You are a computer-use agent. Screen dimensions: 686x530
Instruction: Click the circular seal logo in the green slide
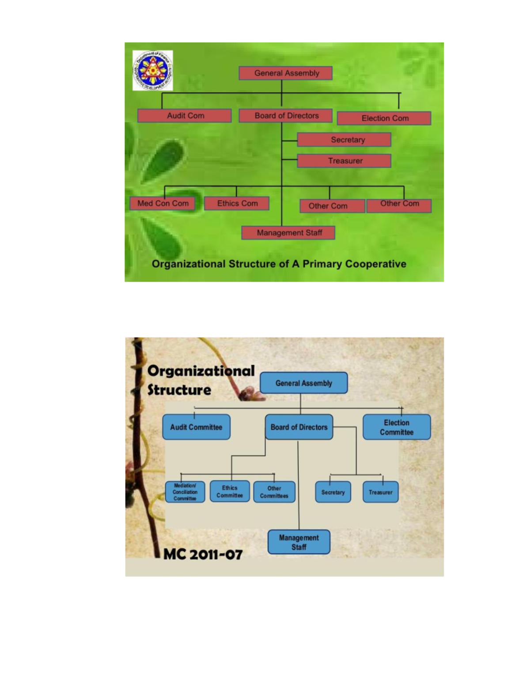click(x=153, y=71)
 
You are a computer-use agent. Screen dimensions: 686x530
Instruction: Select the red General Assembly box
click(x=286, y=73)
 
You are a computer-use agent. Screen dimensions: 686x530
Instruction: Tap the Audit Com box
click(x=185, y=116)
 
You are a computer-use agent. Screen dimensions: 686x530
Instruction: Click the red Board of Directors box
click(x=286, y=116)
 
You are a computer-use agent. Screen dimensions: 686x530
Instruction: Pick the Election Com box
click(x=384, y=118)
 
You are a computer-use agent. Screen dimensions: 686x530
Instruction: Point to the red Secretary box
click(x=344, y=140)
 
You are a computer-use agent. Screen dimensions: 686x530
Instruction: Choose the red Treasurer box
click(x=344, y=161)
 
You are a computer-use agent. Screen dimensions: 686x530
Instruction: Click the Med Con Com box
click(x=163, y=204)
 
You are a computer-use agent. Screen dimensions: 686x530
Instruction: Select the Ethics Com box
click(x=237, y=204)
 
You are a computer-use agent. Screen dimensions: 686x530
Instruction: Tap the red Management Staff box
click(x=288, y=233)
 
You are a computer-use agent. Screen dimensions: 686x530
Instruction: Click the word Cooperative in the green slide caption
click(x=376, y=264)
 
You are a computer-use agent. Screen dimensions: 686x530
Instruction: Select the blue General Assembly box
click(x=303, y=383)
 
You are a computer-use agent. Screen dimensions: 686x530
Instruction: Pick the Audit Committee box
click(x=196, y=427)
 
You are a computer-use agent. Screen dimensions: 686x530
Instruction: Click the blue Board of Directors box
click(x=299, y=427)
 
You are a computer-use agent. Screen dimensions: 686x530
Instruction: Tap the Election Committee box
click(x=397, y=427)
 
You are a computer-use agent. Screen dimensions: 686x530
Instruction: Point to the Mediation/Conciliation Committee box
click(x=185, y=492)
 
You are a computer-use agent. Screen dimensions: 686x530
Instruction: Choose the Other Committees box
click(x=274, y=492)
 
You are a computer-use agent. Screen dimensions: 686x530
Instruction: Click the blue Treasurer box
click(x=380, y=492)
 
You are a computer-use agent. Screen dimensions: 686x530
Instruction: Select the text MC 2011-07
click(x=203, y=554)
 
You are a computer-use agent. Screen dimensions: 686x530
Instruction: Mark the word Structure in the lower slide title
click(x=179, y=390)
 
